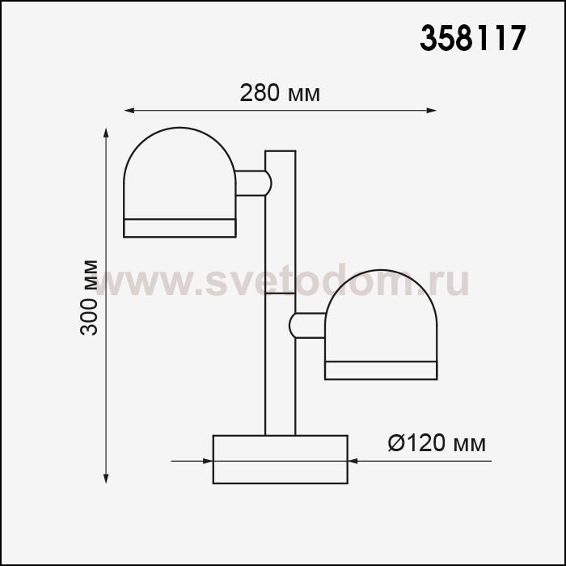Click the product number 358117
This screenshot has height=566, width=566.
[x=473, y=38]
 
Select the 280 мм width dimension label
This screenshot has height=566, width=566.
[x=280, y=93]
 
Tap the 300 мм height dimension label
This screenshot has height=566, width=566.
[x=89, y=298]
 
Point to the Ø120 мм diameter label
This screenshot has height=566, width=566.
[x=437, y=443]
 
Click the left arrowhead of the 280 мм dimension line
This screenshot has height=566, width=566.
[x=129, y=111]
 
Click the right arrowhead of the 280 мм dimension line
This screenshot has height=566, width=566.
[x=432, y=111]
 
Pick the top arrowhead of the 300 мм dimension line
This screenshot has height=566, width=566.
[x=106, y=133]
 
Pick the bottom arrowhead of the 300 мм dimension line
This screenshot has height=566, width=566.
[x=106, y=479]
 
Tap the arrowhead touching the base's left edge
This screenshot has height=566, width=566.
[x=208, y=461]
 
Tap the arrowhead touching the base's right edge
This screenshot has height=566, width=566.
[x=353, y=461]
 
